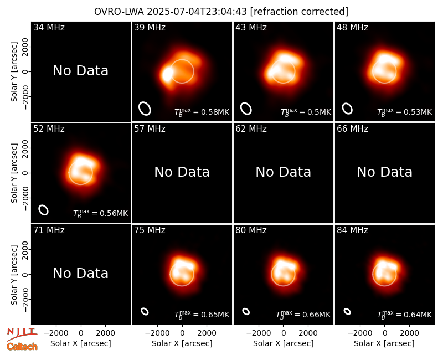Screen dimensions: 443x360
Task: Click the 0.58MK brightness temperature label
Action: (x=202, y=112)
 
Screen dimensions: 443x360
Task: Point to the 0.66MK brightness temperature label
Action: (x=303, y=315)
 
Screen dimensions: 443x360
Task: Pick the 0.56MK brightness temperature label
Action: (x=101, y=213)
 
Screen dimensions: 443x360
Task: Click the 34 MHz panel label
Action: (x=49, y=27)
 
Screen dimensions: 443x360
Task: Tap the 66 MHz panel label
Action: (x=352, y=129)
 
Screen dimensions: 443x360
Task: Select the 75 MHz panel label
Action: (x=150, y=230)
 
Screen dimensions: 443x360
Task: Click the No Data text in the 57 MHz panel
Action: (x=182, y=172)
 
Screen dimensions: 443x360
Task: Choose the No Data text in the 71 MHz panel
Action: (x=81, y=274)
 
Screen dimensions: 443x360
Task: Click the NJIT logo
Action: (x=22, y=333)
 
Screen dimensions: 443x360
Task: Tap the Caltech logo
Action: (x=22, y=347)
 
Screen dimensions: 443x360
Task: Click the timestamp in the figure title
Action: (x=197, y=12)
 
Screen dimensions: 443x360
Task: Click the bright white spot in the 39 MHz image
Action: (x=168, y=74)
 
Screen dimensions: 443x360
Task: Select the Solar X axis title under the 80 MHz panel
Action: (x=284, y=343)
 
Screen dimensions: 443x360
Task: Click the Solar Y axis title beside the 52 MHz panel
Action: (x=14, y=173)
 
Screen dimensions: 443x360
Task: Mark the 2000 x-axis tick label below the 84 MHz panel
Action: (x=409, y=333)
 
